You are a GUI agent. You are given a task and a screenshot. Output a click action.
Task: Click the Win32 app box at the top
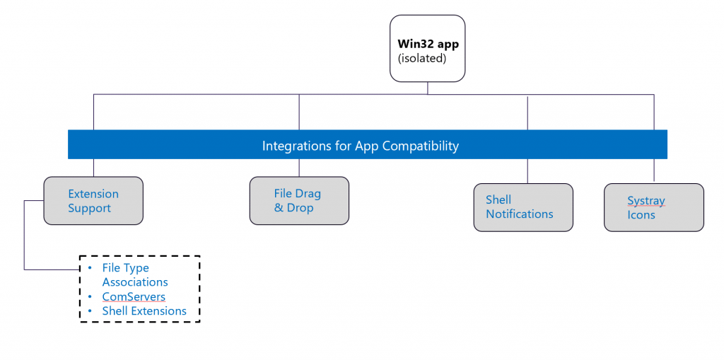tap(428, 49)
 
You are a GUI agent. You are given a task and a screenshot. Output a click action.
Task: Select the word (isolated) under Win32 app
tap(422, 58)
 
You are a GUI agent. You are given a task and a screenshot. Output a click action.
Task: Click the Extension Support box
tap(93, 201)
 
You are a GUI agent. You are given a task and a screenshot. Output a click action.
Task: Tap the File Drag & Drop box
tap(299, 201)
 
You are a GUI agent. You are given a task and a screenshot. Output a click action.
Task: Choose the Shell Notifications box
tap(523, 207)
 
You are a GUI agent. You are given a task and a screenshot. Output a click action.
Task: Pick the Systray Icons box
tap(654, 207)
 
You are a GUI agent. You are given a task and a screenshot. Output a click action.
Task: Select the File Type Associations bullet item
tap(134, 275)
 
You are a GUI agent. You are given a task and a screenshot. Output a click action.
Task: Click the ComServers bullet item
tap(134, 296)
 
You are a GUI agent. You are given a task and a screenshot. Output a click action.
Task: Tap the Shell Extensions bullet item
tap(144, 311)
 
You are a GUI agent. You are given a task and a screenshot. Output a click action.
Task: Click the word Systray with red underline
tap(646, 201)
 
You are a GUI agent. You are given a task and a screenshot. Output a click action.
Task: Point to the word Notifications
tap(520, 214)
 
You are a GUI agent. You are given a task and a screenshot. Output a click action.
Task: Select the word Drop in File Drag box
tap(300, 208)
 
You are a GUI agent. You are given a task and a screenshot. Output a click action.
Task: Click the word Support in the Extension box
tap(90, 209)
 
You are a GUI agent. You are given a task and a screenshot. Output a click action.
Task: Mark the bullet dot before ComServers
tap(91, 296)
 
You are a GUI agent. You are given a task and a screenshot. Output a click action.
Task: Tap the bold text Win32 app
tap(428, 43)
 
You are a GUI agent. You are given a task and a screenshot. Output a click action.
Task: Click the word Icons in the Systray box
tap(641, 215)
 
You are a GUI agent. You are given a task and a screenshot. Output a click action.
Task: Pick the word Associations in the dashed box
tap(135, 282)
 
